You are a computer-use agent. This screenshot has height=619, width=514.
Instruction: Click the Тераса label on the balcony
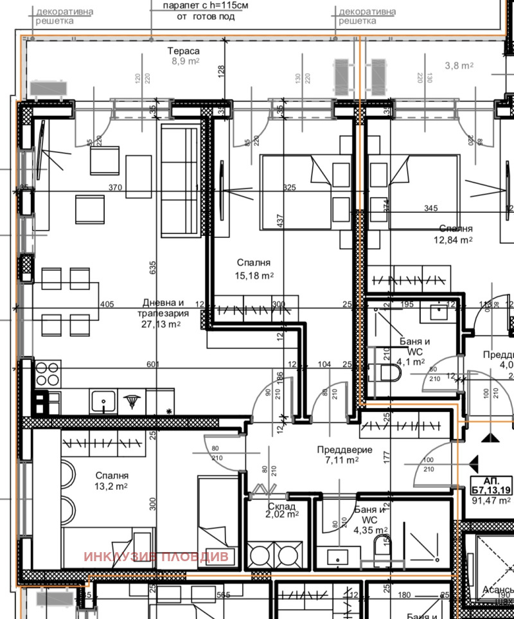click(x=184, y=51)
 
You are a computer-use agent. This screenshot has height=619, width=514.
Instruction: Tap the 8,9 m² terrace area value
click(x=184, y=62)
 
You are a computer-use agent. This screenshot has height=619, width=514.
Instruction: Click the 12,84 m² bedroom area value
click(x=454, y=239)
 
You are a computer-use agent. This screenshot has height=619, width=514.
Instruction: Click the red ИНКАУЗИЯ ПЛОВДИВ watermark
click(x=155, y=557)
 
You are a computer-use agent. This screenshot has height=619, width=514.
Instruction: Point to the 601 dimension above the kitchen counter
click(x=153, y=364)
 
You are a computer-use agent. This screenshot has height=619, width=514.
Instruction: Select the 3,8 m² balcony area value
click(x=459, y=66)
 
